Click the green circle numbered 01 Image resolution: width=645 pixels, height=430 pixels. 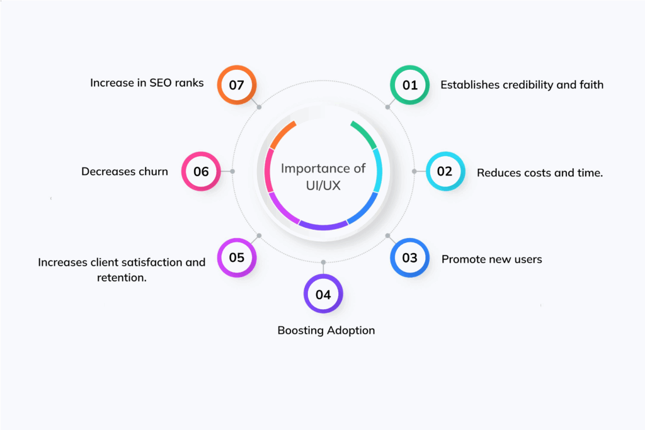pyautogui.click(x=410, y=84)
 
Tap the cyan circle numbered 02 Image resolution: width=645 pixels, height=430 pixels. pyautogui.click(x=445, y=171)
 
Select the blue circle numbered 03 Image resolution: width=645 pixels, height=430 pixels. pyautogui.click(x=409, y=258)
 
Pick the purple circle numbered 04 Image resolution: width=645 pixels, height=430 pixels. pyautogui.click(x=323, y=294)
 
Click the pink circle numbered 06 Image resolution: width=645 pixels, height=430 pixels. pyautogui.click(x=201, y=171)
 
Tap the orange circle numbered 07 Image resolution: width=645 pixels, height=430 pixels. pyautogui.click(x=236, y=84)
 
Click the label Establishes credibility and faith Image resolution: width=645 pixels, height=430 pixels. pyautogui.click(x=522, y=84)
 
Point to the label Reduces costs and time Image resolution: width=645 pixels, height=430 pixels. pyautogui.click(x=540, y=173)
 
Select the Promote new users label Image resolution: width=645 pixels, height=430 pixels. pyautogui.click(x=491, y=259)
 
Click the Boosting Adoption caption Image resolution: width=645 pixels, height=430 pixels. pyautogui.click(x=326, y=330)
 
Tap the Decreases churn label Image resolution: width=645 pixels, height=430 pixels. pyautogui.click(x=125, y=171)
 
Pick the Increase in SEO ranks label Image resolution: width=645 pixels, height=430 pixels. pyautogui.click(x=147, y=82)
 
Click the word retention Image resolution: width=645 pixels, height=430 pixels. pyautogui.click(x=122, y=277)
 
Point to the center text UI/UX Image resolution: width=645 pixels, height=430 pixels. pyautogui.click(x=323, y=187)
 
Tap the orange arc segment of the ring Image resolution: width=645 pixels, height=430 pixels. pyautogui.click(x=282, y=133)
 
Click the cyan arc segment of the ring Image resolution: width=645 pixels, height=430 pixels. pyautogui.click(x=378, y=170)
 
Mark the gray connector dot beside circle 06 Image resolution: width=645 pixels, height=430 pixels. pyautogui.click(x=232, y=171)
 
